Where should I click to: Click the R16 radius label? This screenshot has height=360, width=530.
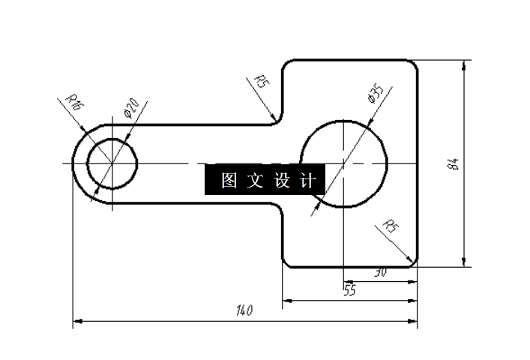[x=74, y=102]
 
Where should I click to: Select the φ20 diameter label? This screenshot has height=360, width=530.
[x=130, y=108]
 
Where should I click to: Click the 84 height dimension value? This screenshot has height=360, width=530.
[x=453, y=163]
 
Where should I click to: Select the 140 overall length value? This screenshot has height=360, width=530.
[x=244, y=310]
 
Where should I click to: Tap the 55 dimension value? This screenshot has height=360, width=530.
[x=349, y=289]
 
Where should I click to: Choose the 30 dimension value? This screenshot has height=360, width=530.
[x=379, y=273]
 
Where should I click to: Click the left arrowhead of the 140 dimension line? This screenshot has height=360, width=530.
[x=76, y=322]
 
